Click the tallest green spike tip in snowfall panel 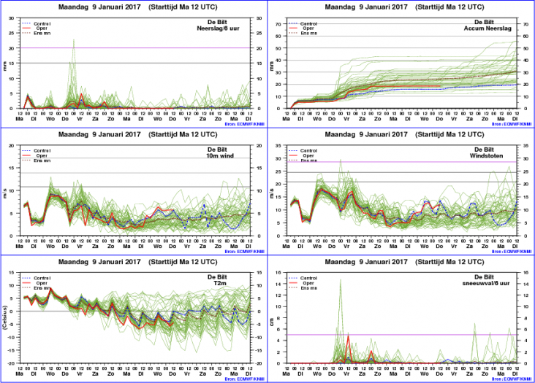340,279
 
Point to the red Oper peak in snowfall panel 349,336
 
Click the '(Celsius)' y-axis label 5,318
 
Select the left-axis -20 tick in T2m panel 12,363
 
